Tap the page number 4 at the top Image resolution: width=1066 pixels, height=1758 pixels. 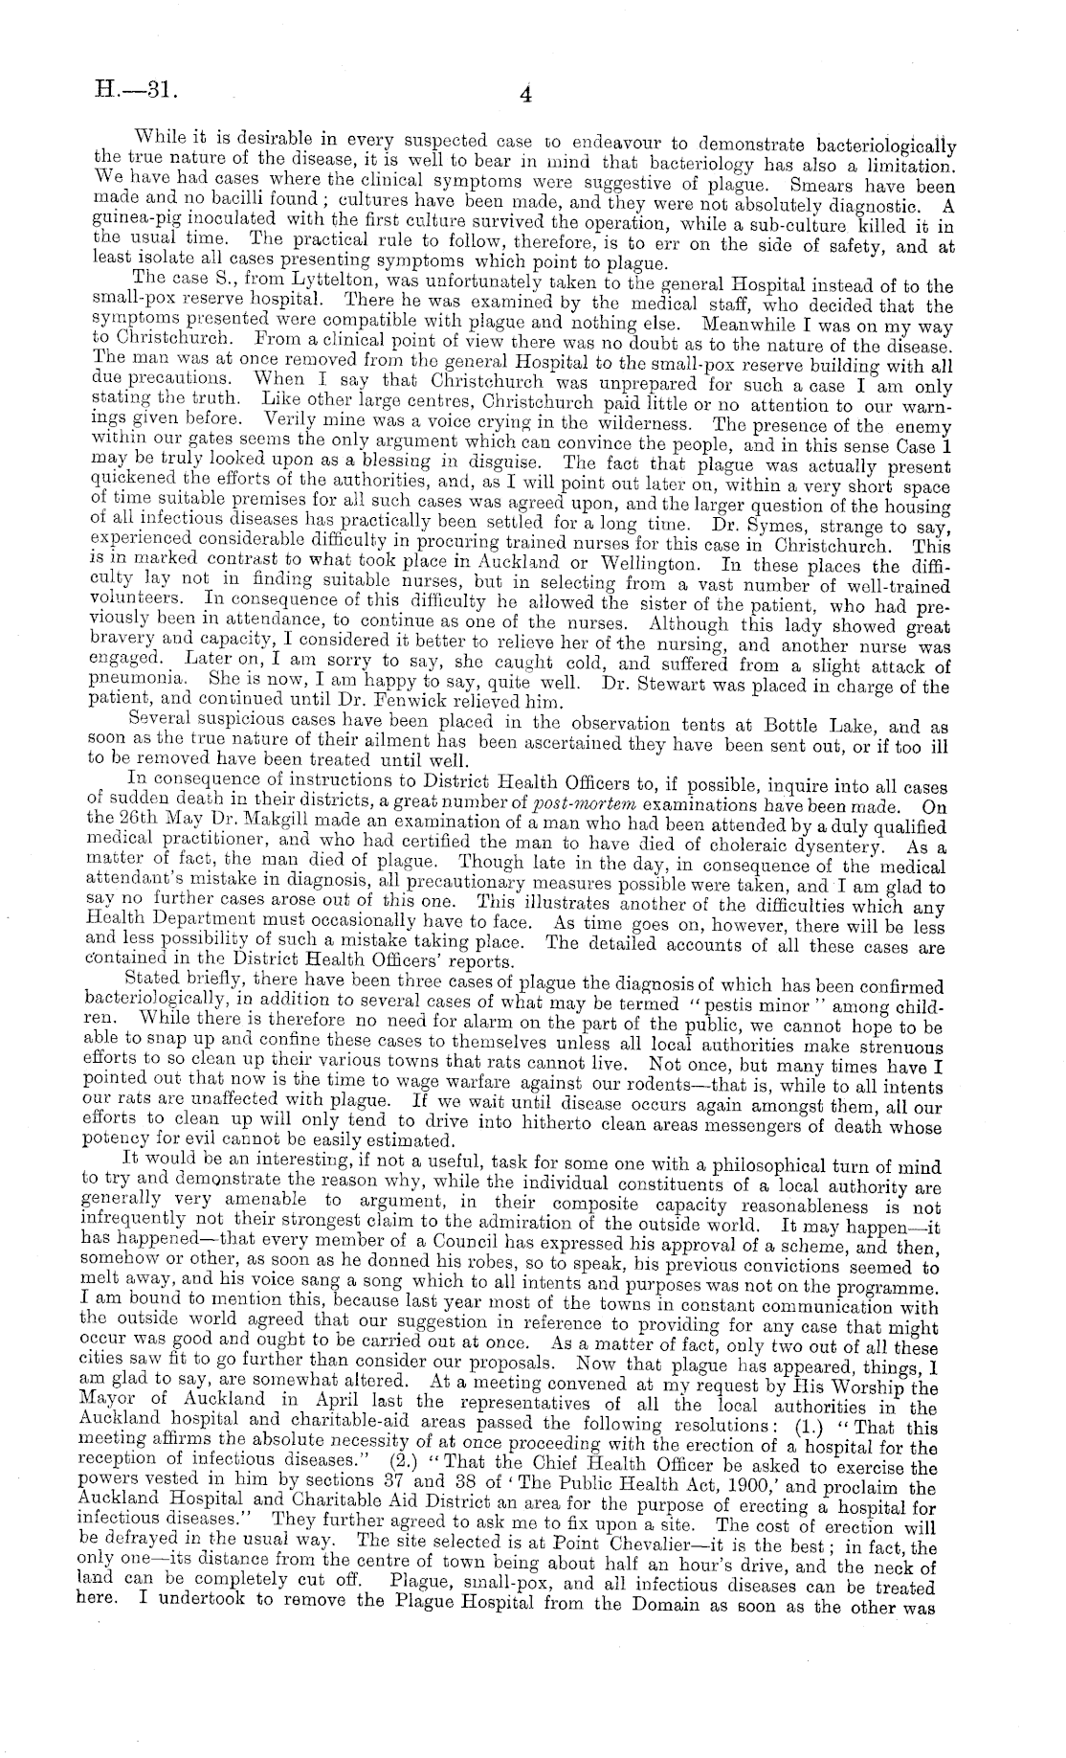(525, 94)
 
